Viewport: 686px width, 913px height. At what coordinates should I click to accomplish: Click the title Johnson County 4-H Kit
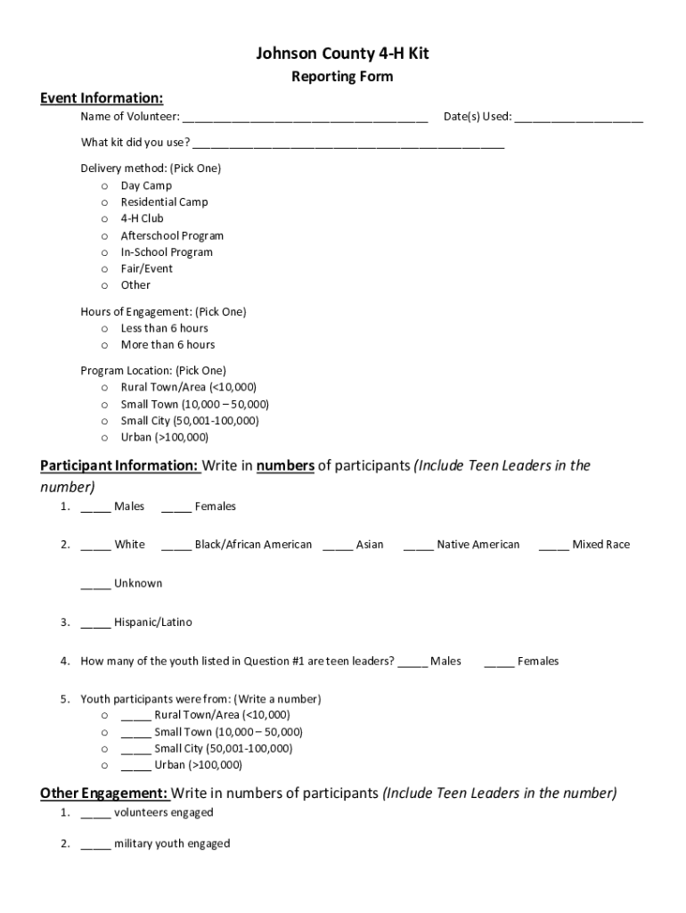[342, 54]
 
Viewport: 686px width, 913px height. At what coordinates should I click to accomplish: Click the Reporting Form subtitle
[342, 77]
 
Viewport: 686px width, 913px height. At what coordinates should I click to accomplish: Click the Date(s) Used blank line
[578, 118]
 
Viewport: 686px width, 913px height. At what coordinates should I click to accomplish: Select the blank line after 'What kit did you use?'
[348, 144]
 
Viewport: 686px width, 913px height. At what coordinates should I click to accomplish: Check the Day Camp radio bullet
[105, 186]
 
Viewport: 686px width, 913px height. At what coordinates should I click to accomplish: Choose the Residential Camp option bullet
[105, 202]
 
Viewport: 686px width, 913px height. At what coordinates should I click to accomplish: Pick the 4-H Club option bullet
[105, 218]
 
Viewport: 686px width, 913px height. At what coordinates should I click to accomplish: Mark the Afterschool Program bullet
[105, 236]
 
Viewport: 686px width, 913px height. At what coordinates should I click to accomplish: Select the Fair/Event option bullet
[105, 269]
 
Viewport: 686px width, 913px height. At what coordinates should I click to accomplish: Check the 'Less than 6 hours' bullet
[105, 329]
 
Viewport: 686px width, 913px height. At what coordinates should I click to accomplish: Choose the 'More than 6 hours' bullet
[105, 345]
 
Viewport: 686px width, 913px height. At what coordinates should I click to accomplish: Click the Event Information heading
[102, 98]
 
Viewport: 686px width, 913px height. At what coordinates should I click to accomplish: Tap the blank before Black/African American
[176, 546]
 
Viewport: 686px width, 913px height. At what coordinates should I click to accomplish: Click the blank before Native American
[419, 546]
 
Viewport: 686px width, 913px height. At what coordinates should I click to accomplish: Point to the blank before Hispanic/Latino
[95, 623]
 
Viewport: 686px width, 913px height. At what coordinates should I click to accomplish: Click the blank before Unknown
[95, 585]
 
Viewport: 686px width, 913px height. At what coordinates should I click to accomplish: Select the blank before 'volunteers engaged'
[95, 814]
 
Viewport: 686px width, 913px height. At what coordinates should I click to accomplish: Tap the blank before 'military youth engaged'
[95, 845]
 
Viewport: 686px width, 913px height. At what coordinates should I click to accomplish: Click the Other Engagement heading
[104, 794]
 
